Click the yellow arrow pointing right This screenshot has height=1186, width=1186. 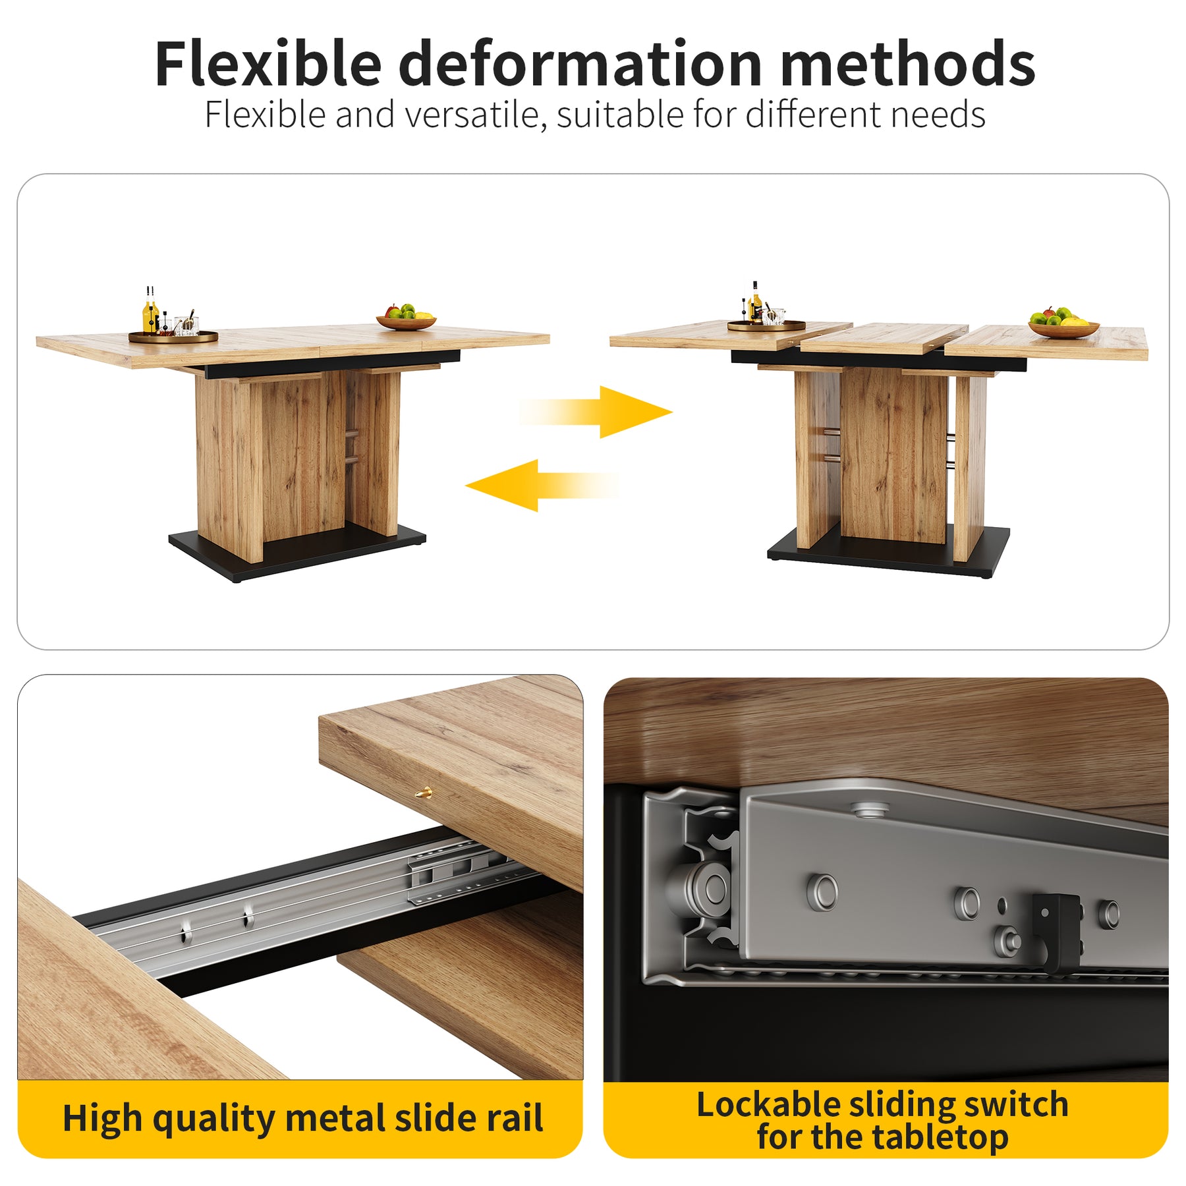(x=596, y=412)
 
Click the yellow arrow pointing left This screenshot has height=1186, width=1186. (x=542, y=486)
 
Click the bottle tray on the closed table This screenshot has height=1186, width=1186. (x=173, y=337)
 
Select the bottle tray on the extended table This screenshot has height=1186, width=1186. (x=766, y=325)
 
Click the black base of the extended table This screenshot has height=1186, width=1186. (x=888, y=552)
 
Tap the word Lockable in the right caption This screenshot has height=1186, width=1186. (x=767, y=1104)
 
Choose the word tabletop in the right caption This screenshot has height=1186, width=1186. (x=938, y=1138)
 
